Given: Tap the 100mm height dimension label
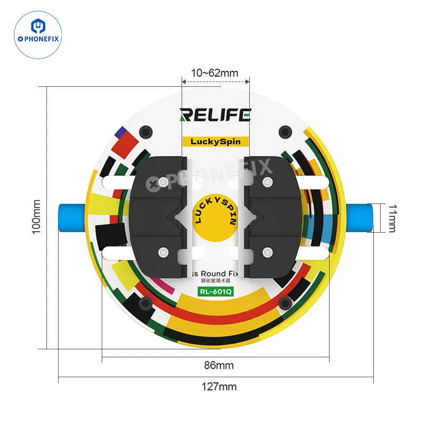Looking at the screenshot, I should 36,217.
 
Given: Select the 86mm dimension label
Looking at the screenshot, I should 219,365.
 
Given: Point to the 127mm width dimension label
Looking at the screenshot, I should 219,387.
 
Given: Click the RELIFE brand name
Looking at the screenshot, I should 215,114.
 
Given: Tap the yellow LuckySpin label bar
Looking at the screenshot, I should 216,142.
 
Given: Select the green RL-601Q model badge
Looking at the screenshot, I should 216,291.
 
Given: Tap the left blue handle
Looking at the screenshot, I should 70,218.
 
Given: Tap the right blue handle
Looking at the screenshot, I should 359,218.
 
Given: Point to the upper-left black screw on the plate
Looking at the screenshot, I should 144,131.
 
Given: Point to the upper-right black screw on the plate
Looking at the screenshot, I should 286,131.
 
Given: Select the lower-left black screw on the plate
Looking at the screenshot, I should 144,304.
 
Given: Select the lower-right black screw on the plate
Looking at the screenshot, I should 286,304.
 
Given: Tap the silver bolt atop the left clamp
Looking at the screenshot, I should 162,183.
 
